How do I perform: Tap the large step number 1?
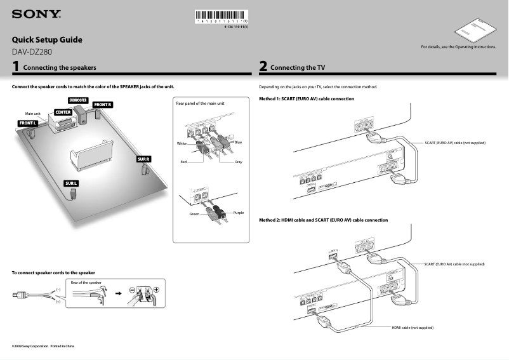[16, 66]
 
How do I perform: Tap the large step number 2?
[263, 66]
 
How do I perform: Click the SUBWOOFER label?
[78, 100]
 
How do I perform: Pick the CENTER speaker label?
[63, 112]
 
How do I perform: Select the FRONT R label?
[102, 104]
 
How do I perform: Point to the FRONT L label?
[28, 123]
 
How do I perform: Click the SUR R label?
[143, 159]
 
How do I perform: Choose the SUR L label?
[71, 183]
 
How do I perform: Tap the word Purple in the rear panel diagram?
[239, 212]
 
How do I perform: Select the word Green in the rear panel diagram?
[194, 215]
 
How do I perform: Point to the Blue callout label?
[238, 142]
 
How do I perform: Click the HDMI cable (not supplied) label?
[412, 328]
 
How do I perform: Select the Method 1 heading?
[307, 99]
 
